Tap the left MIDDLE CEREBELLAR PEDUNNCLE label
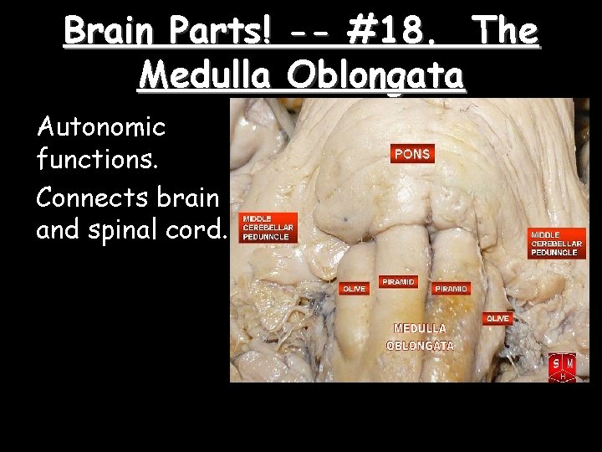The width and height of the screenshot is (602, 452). click(x=268, y=227)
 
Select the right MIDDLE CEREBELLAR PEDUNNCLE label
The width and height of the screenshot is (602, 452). click(x=554, y=244)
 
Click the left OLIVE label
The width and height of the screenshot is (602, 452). click(x=354, y=288)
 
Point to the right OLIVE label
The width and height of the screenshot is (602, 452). click(x=498, y=319)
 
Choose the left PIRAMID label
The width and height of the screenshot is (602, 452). click(x=397, y=282)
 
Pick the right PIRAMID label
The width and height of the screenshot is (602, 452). click(x=451, y=288)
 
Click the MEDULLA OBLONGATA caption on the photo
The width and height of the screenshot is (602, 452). click(x=421, y=336)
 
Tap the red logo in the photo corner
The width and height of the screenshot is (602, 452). click(x=562, y=367)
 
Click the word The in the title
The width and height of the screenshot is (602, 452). click(x=505, y=32)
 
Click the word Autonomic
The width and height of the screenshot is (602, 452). click(x=100, y=127)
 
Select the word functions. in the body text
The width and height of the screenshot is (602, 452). click(x=89, y=157)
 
